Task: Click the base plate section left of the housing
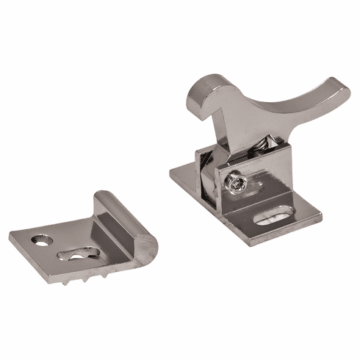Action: pos(184,174)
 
